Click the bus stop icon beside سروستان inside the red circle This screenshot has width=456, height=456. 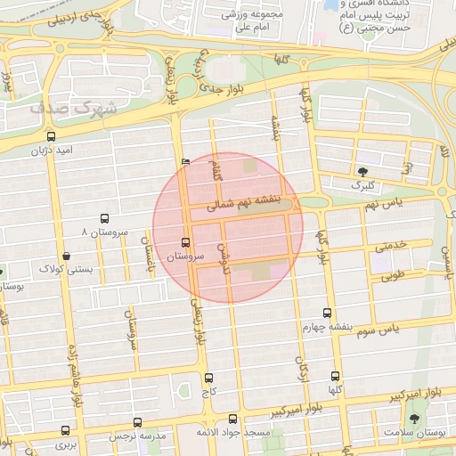pos(185,242)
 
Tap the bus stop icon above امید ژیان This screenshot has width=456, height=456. pos(51,137)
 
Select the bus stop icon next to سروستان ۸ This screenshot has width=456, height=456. pos(105,218)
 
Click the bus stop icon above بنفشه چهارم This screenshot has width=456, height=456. pos(327,313)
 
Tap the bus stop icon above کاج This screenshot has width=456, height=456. pos(208,378)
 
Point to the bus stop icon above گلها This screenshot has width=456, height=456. pos(335,377)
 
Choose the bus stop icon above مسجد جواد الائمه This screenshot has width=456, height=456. pos(233,419)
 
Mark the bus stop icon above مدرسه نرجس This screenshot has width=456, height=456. pos(137,423)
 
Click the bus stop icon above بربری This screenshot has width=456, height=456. pos(64,429)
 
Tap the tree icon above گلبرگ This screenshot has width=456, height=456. pos(362,170)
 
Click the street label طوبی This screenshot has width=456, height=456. pos(392,276)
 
